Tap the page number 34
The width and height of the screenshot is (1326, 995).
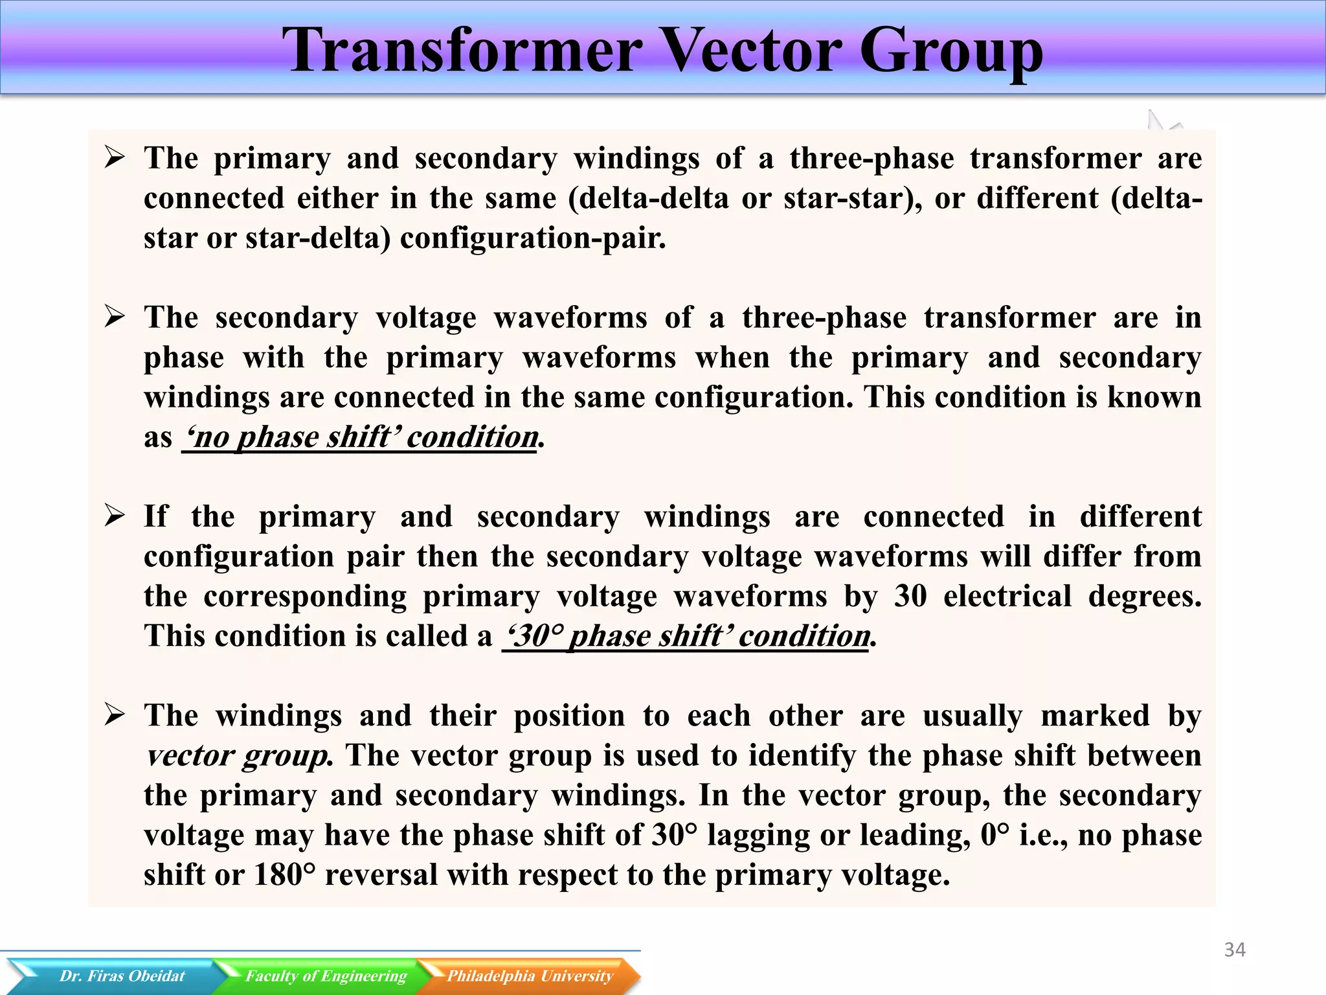click(x=1235, y=950)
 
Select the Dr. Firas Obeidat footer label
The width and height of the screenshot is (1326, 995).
click(x=122, y=976)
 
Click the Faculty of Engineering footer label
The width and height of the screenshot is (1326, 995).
click(x=326, y=976)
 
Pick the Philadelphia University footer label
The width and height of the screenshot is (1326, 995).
click(x=530, y=976)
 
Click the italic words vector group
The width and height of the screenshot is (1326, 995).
click(x=238, y=756)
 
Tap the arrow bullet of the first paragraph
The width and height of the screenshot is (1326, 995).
click(x=115, y=157)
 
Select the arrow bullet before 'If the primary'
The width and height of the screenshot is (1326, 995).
click(x=115, y=516)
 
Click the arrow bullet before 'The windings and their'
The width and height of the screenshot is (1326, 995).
click(x=115, y=715)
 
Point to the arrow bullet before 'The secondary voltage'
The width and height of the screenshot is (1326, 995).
click(x=115, y=317)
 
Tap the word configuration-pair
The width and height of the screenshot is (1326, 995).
click(x=532, y=238)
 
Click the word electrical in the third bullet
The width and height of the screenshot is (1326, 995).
click(x=1007, y=596)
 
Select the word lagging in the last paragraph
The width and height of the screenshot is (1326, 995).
click(x=758, y=836)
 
